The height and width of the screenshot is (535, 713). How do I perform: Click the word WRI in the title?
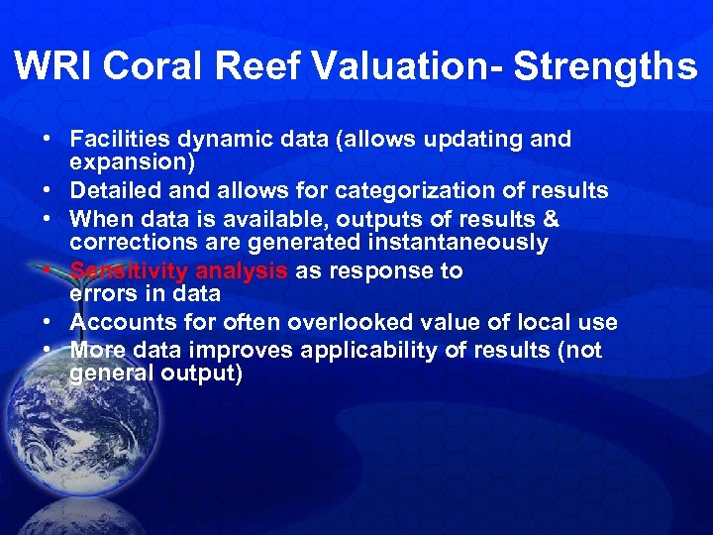point(53,66)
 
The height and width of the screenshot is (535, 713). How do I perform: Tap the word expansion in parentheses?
point(130,161)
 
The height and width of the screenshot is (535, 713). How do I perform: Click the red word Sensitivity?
point(129,271)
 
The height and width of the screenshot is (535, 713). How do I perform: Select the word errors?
point(101,294)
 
